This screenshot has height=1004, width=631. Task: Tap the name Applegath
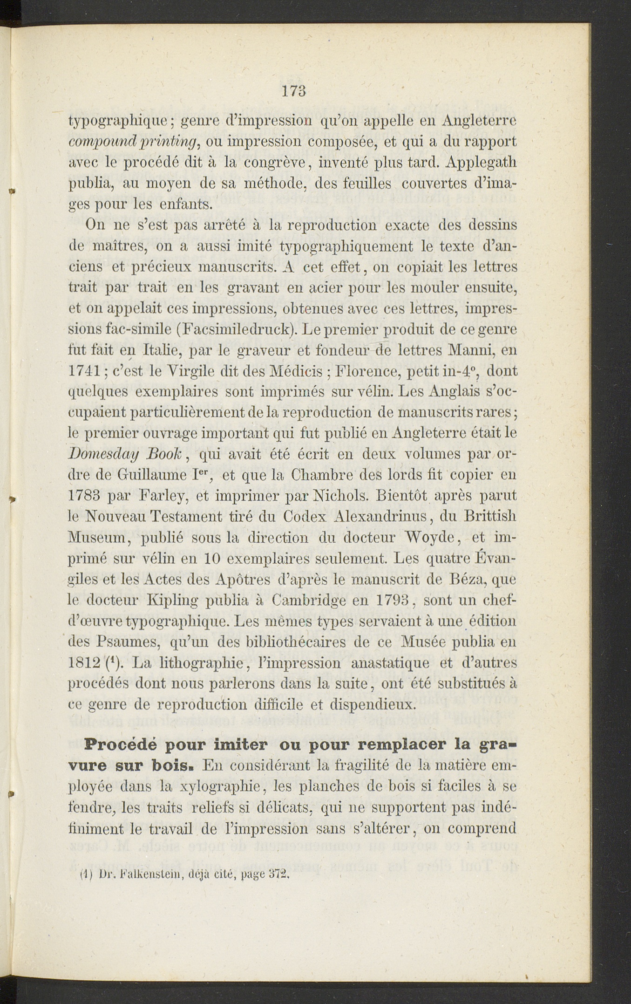[x=481, y=163]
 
